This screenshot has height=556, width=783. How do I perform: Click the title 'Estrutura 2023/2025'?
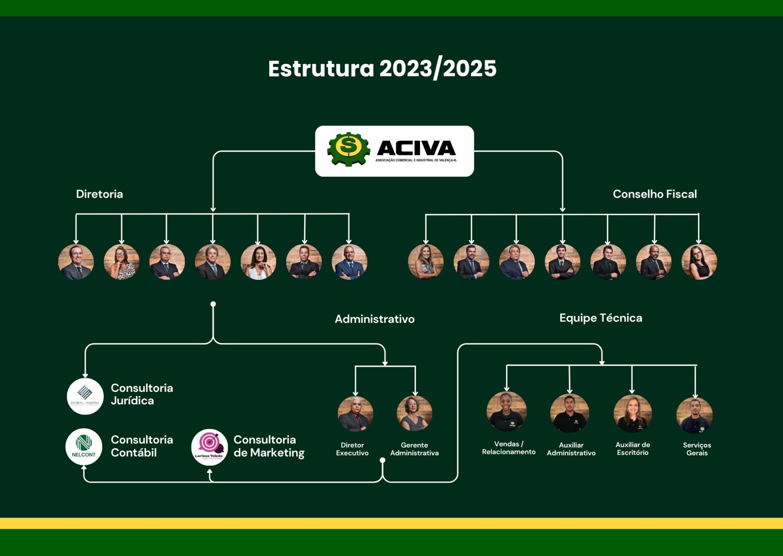click(382, 69)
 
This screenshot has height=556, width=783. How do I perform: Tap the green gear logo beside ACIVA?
click(349, 149)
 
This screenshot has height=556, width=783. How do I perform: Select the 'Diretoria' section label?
click(99, 194)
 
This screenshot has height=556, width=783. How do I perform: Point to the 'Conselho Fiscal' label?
click(655, 194)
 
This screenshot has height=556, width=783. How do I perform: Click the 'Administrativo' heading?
click(375, 319)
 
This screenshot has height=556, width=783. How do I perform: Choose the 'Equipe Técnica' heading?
click(601, 318)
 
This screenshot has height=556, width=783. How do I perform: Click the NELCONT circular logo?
click(84, 447)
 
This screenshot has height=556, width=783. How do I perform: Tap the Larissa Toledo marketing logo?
click(209, 447)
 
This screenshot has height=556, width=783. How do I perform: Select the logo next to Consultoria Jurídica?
click(85, 396)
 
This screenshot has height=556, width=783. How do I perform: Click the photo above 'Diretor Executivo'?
click(355, 414)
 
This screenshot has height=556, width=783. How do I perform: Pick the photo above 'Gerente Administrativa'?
click(415, 413)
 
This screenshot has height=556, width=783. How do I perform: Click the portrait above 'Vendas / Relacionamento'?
click(507, 411)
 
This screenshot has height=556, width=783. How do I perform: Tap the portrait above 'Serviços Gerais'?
click(694, 415)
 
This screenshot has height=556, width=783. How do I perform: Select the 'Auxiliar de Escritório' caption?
click(632, 448)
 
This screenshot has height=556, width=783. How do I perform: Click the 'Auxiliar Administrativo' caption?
click(571, 449)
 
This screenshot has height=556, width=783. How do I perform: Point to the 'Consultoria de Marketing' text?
click(269, 446)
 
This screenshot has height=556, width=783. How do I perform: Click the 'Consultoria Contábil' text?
click(141, 446)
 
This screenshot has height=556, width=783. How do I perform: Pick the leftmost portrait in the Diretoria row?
click(76, 262)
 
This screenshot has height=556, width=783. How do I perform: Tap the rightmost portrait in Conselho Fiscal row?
click(699, 262)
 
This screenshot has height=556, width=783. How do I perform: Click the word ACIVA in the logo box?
click(416, 148)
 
